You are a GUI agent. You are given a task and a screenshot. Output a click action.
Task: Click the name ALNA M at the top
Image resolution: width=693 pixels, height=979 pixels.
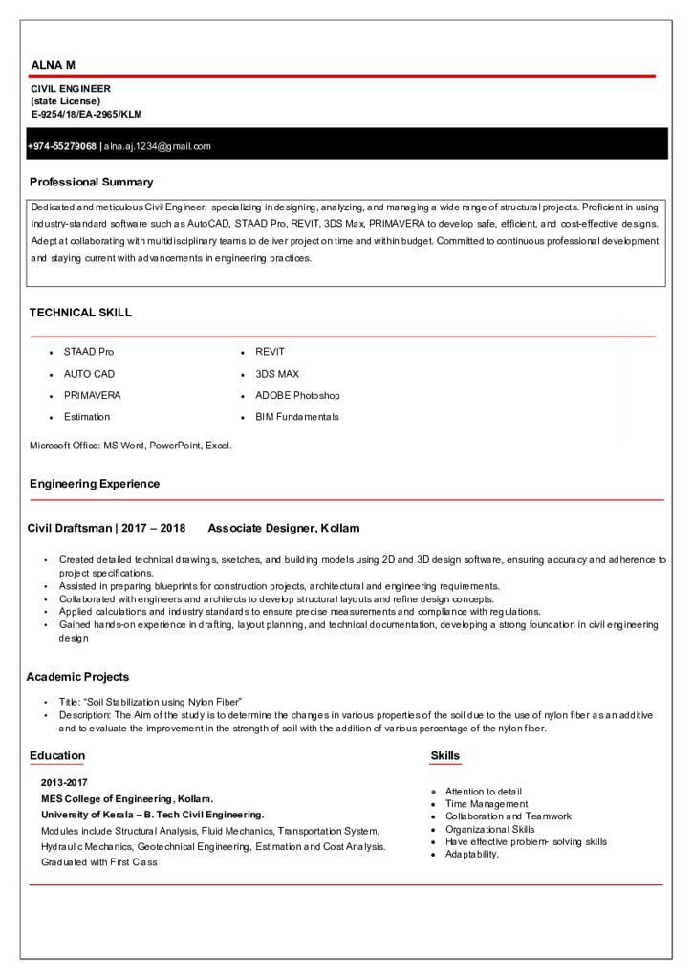pyautogui.click(x=53, y=64)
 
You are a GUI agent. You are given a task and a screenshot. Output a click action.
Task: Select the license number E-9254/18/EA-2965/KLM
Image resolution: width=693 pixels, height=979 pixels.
pyautogui.click(x=86, y=114)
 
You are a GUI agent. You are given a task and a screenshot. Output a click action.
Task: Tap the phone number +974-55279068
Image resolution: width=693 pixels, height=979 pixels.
pyautogui.click(x=62, y=146)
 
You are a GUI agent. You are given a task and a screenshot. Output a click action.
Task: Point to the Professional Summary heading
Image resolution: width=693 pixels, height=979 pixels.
pyautogui.click(x=91, y=182)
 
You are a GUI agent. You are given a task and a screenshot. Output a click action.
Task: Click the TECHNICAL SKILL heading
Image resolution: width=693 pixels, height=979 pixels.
pyautogui.click(x=80, y=313)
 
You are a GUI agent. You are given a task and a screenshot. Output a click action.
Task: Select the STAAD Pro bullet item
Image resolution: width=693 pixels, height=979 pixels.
pyautogui.click(x=88, y=352)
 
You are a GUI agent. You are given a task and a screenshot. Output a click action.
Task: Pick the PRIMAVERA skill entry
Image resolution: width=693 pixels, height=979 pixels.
pyautogui.click(x=92, y=395)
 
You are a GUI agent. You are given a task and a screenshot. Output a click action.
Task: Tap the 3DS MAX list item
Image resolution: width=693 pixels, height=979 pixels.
pyautogui.click(x=277, y=374)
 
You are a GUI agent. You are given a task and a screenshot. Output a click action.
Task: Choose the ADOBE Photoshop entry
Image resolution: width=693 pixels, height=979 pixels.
pyautogui.click(x=297, y=395)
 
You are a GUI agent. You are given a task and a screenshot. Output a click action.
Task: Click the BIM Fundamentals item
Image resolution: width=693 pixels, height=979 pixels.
pyautogui.click(x=296, y=417)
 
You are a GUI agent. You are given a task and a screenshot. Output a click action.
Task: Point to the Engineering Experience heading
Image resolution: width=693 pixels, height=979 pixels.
pyautogui.click(x=95, y=484)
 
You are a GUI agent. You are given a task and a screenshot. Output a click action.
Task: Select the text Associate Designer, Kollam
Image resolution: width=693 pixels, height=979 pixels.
pyautogui.click(x=283, y=528)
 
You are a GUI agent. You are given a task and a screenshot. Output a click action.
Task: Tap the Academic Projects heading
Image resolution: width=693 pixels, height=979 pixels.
pyautogui.click(x=77, y=677)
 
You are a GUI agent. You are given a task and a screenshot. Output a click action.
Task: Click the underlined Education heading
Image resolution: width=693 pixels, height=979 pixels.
pyautogui.click(x=57, y=756)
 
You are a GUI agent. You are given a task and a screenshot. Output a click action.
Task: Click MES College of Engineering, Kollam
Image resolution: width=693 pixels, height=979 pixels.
pyautogui.click(x=127, y=798)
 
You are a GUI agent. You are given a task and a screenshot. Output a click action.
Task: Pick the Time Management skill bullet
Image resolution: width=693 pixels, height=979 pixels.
pyautogui.click(x=487, y=804)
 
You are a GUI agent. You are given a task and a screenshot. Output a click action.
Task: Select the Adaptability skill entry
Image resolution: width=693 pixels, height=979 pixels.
pyautogui.click(x=472, y=854)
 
